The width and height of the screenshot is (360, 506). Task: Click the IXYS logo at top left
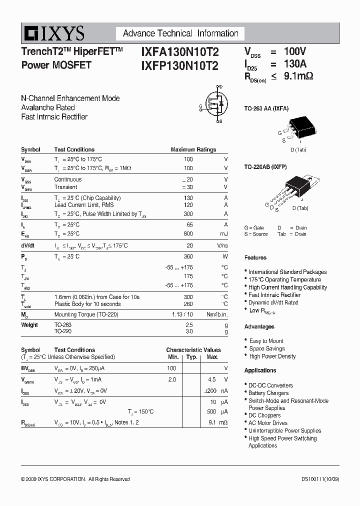pyautogui.click(x=53, y=33)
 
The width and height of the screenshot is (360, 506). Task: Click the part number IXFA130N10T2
pyautogui.click(x=179, y=51)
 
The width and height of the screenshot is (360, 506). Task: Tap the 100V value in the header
pyautogui.click(x=295, y=51)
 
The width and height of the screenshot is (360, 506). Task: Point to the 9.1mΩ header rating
pyautogui.click(x=298, y=76)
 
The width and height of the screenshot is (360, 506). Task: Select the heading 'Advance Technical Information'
pyautogui.click(x=180, y=33)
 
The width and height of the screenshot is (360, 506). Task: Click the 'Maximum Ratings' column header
pyautogui.click(x=193, y=149)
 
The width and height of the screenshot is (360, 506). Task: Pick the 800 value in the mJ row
pyautogui.click(x=188, y=233)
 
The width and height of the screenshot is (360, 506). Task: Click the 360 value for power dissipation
pyautogui.click(x=188, y=256)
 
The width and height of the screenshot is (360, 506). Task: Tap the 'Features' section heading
pyautogui.click(x=255, y=257)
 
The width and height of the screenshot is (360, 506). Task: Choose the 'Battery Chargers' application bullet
pyautogui.click(x=268, y=393)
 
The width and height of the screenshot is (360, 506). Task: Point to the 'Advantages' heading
pyautogui.click(x=259, y=326)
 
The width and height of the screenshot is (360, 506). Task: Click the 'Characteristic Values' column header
pyautogui.click(x=193, y=350)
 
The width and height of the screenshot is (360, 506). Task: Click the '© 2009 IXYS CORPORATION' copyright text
pyautogui.click(x=53, y=479)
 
